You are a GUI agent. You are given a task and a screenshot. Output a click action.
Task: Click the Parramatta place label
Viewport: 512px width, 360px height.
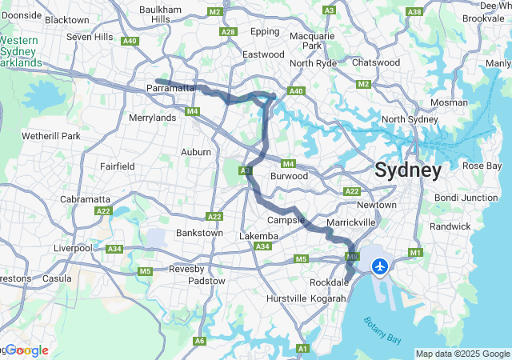click(171, 88)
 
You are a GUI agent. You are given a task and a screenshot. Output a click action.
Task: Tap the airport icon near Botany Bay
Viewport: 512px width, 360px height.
click(381, 266)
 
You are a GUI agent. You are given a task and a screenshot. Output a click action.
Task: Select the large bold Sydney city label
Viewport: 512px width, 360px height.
click(408, 170)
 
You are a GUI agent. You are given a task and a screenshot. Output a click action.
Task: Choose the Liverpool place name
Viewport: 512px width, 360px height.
click(74, 248)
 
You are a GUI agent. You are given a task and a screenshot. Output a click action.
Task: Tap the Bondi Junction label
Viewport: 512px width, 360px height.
click(466, 198)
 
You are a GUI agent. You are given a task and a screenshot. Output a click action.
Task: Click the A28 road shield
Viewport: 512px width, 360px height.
click(228, 32)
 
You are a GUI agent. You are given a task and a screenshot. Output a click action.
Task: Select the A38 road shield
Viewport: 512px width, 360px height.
click(414, 12)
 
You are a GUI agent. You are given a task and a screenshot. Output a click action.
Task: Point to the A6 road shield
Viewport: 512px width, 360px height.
click(199, 342)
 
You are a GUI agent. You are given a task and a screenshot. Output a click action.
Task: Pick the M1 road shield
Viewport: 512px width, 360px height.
click(415, 254)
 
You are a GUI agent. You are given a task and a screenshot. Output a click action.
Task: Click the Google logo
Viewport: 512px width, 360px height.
click(27, 350)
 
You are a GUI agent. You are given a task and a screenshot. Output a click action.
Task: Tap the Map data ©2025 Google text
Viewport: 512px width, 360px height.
click(462, 354)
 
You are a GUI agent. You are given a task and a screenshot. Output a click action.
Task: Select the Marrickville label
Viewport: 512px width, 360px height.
click(357, 222)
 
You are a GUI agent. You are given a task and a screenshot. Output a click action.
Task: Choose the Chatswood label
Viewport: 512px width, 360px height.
click(376, 62)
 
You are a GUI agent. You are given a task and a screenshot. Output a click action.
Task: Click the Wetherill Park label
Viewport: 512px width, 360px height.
click(51, 136)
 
